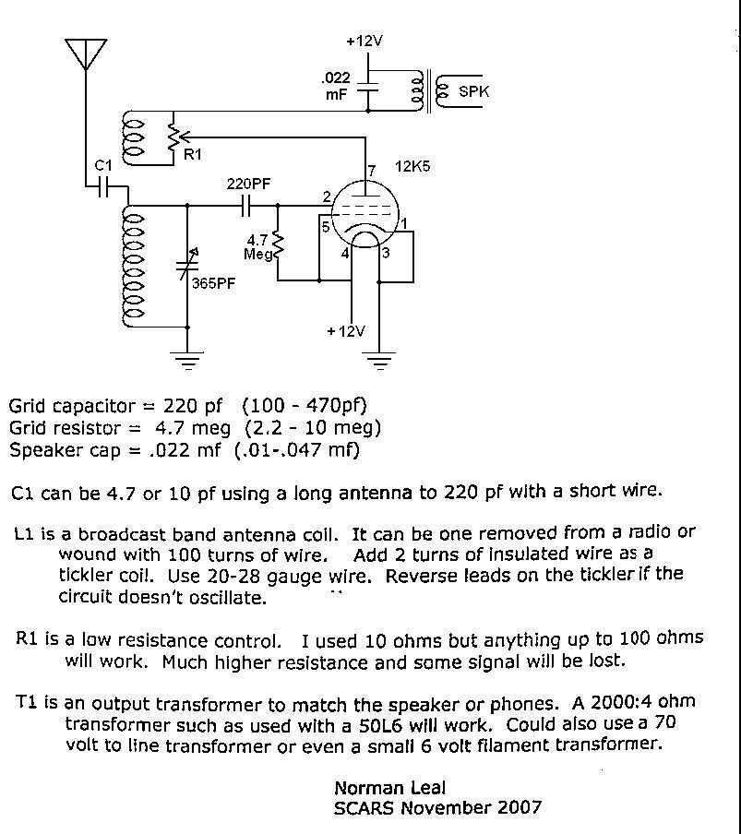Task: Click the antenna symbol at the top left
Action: pyautogui.click(x=86, y=54)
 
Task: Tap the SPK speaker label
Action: pyautogui.click(x=474, y=92)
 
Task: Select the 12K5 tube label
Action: pyautogui.click(x=413, y=167)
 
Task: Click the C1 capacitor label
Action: pyautogui.click(x=104, y=165)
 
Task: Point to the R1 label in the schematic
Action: pyautogui.click(x=192, y=154)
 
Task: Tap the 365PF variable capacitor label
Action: pyautogui.click(x=213, y=283)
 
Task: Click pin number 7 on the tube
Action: pyautogui.click(x=372, y=171)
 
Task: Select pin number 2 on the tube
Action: pyautogui.click(x=327, y=197)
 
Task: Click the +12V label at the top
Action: pyautogui.click(x=365, y=42)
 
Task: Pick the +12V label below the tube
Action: pyautogui.click(x=345, y=331)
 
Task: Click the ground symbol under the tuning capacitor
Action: pyautogui.click(x=187, y=359)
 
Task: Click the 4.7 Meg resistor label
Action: pyautogui.click(x=259, y=245)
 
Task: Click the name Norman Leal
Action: pyautogui.click(x=389, y=787)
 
